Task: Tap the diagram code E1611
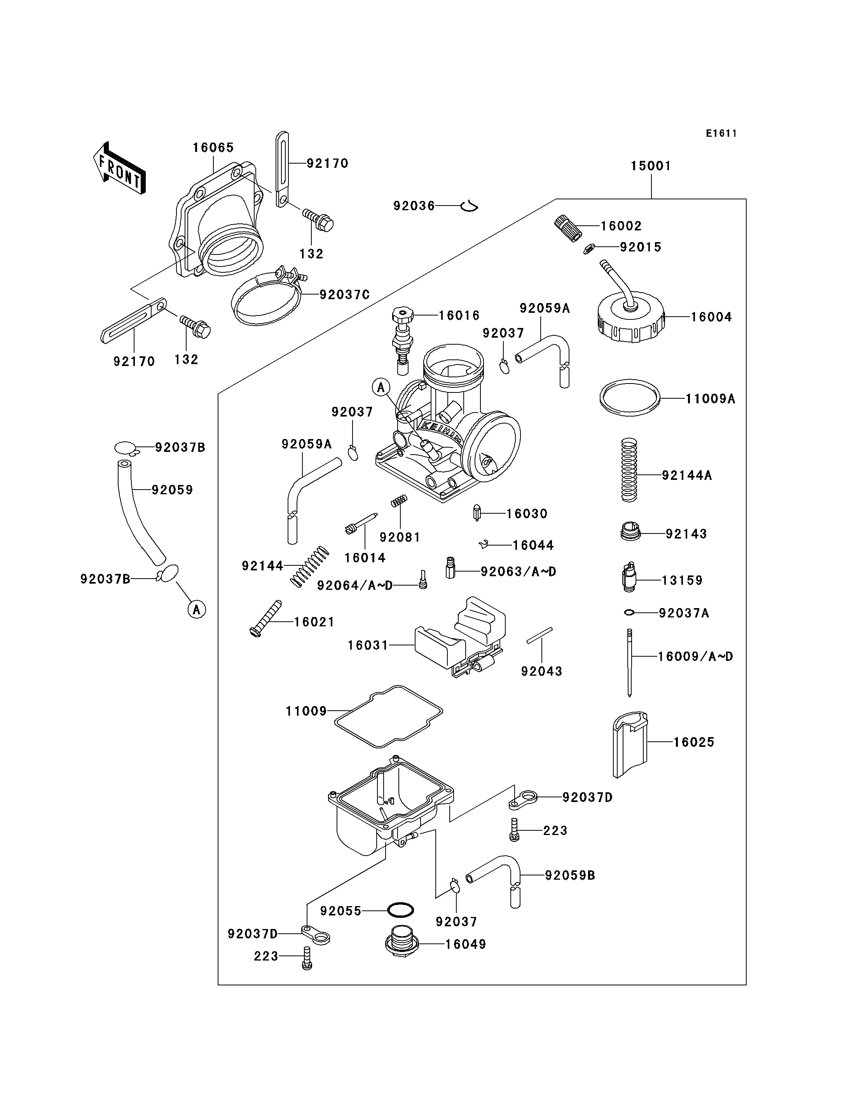pos(721,133)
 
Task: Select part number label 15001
pos(651,166)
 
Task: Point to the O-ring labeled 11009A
pos(629,397)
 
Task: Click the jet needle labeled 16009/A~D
pos(629,662)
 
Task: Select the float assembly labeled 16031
pos(459,639)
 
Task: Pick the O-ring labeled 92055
pos(400,910)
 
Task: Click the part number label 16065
pos(213,148)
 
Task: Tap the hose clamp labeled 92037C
pos(266,299)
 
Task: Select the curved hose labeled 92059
pos(137,512)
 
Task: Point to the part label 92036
pos(414,206)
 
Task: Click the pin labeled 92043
pos(539,635)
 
